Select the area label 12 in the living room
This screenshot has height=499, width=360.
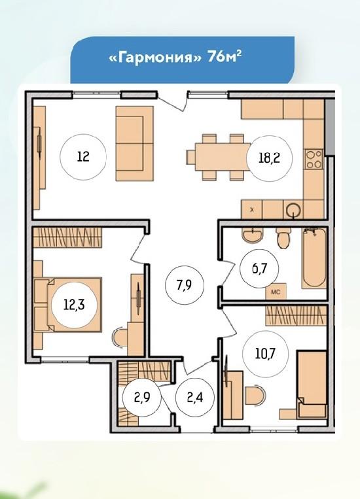[x=83, y=157]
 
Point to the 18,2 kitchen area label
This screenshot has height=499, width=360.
[x=270, y=158]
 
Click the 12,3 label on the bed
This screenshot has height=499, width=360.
[x=74, y=305]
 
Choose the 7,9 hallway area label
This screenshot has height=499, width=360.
[x=184, y=285]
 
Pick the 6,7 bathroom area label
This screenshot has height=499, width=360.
[x=259, y=268]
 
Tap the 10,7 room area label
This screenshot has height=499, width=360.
[x=265, y=353]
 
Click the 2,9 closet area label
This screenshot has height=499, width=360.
[x=141, y=398]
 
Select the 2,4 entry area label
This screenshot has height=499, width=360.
[x=195, y=398]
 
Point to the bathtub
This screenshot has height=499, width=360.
[x=314, y=258]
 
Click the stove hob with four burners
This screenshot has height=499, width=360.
[x=314, y=159]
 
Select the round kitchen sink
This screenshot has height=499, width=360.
[x=293, y=210]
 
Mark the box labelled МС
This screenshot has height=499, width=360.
[x=276, y=291]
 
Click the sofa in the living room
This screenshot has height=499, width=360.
[x=135, y=143]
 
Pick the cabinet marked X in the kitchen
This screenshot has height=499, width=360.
[x=252, y=209]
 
